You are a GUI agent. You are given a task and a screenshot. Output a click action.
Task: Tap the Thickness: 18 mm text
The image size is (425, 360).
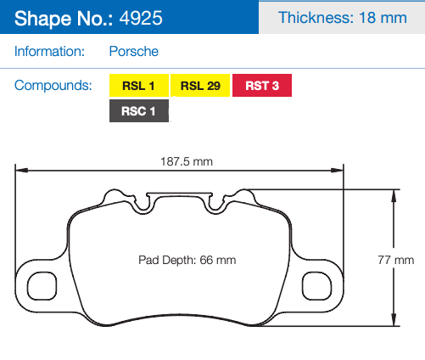pyautogui.click(x=343, y=18)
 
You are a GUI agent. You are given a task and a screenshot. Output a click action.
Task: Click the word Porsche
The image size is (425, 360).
pyautogui.click(x=134, y=52)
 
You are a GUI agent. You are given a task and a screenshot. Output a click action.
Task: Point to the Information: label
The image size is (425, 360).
pyautogui.click(x=49, y=52)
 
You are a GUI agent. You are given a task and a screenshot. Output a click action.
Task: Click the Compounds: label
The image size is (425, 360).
pyautogui.click(x=53, y=86)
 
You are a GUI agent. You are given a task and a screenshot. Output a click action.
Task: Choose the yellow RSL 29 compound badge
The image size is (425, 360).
pyautogui.click(x=201, y=86)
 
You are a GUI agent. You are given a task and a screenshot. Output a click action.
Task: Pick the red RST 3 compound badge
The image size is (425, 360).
pyautogui.click(x=262, y=86)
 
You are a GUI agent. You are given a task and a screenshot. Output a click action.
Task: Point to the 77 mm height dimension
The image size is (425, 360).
pyautogui.click(x=404, y=259)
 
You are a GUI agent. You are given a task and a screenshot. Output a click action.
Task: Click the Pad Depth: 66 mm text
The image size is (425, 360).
pyautogui.click(x=187, y=259)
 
